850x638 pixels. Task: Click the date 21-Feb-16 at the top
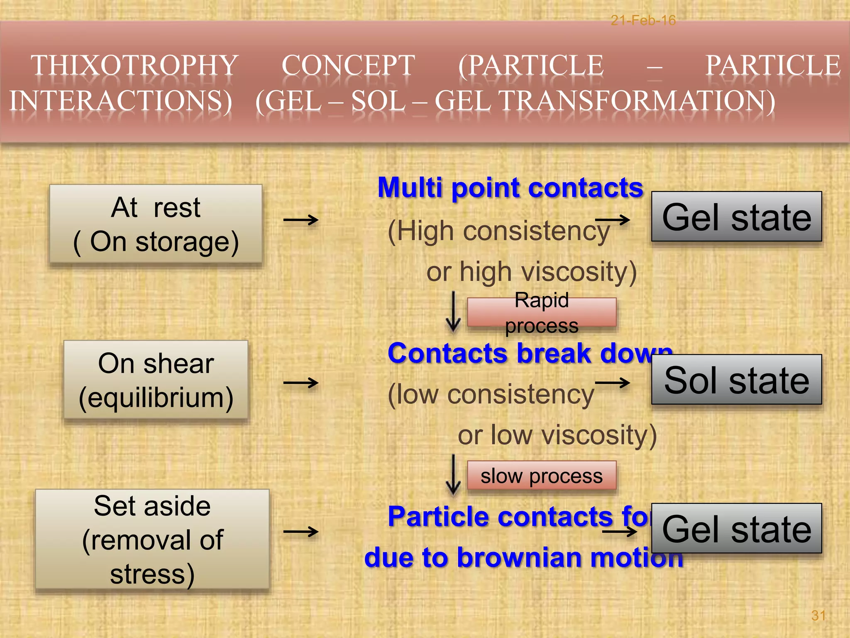(x=643, y=20)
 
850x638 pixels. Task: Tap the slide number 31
(x=818, y=615)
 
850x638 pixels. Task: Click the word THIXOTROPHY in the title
(x=134, y=66)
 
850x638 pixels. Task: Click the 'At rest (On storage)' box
(x=156, y=224)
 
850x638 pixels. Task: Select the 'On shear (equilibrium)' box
(x=156, y=380)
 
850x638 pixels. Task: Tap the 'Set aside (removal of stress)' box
(x=152, y=539)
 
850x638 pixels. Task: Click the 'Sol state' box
(x=736, y=380)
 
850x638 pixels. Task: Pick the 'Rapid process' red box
(x=541, y=312)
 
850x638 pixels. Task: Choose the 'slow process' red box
(x=541, y=476)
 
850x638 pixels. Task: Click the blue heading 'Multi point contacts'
(x=510, y=188)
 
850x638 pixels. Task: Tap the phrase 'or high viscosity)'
(x=531, y=272)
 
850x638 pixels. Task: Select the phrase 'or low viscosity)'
(x=557, y=435)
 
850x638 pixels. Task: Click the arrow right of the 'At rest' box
(x=301, y=220)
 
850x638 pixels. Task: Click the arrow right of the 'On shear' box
(x=301, y=383)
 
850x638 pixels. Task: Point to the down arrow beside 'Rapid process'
(x=453, y=312)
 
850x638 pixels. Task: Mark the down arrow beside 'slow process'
(x=453, y=475)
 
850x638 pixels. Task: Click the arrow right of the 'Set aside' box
(x=301, y=531)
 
